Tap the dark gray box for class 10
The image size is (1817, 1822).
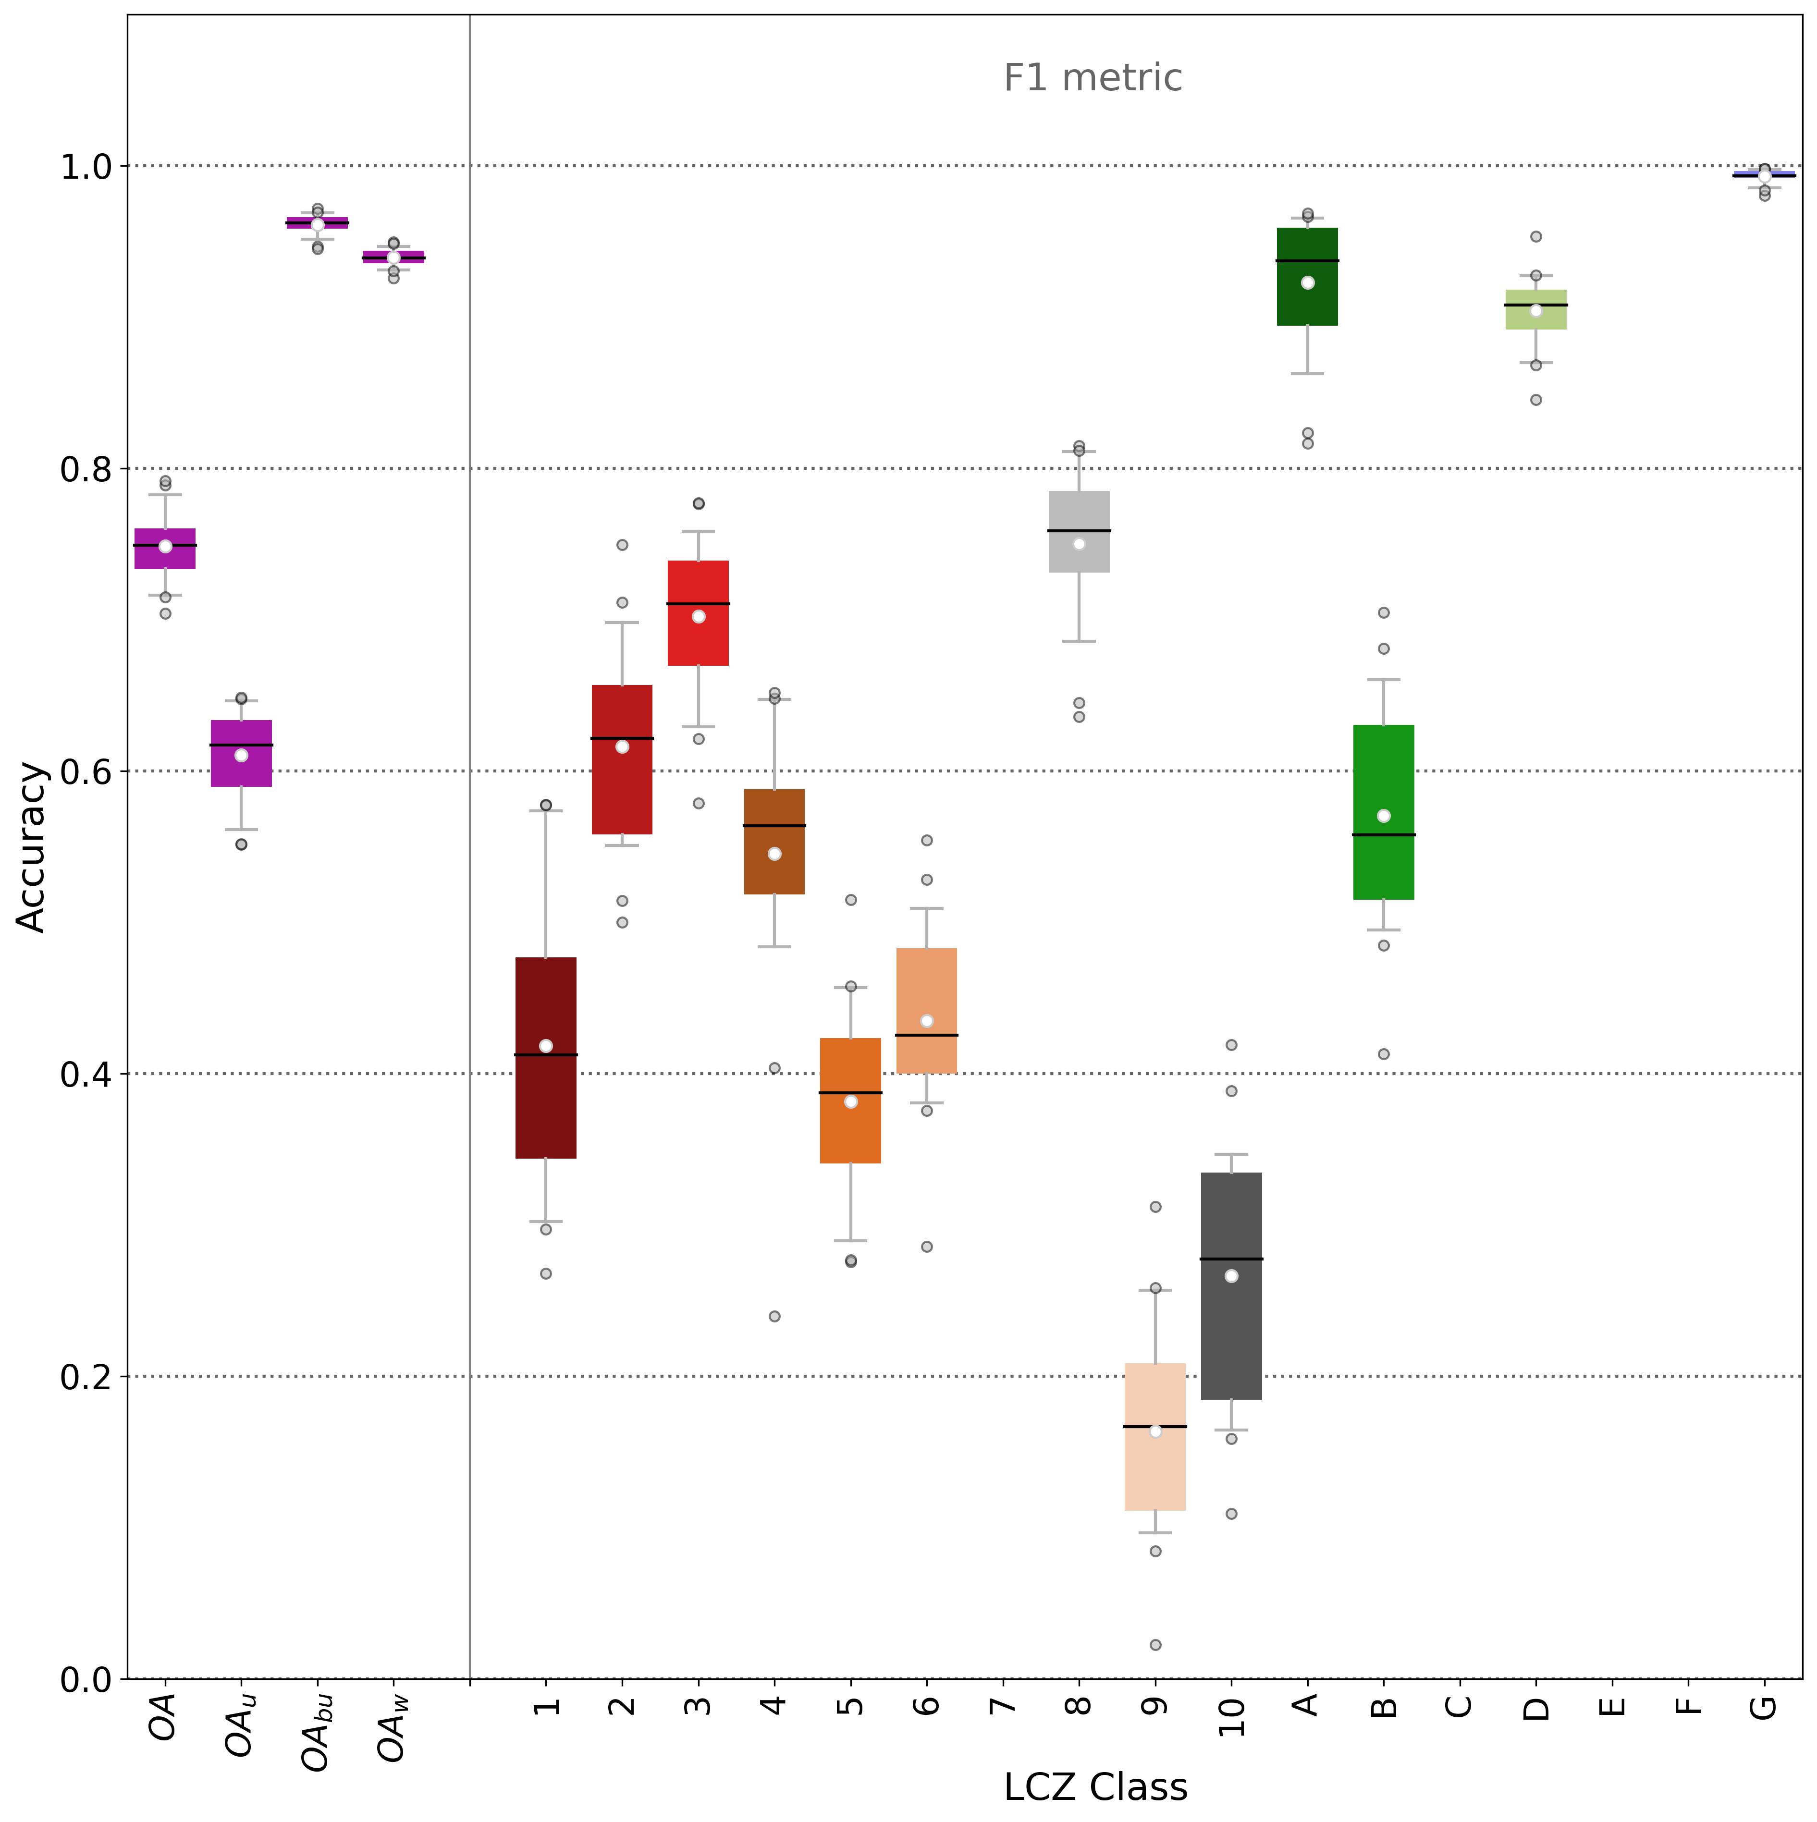(1231, 1286)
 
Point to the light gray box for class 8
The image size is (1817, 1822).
(1079, 532)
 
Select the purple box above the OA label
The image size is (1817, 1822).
(165, 549)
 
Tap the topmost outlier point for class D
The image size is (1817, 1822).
(1536, 237)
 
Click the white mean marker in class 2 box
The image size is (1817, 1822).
(622, 747)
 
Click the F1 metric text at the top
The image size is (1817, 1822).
(1093, 78)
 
